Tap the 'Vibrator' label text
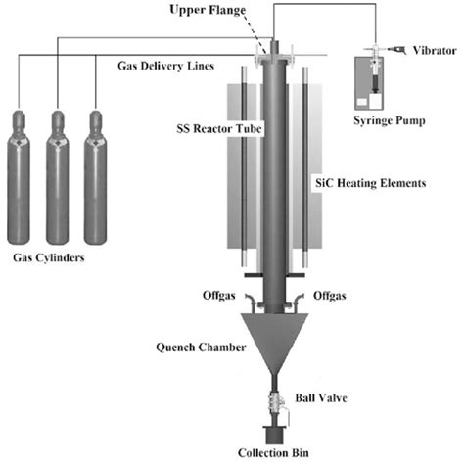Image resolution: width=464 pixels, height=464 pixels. point(433,49)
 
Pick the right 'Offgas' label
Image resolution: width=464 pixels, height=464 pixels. point(330,295)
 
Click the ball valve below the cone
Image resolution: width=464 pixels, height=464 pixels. point(274,401)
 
